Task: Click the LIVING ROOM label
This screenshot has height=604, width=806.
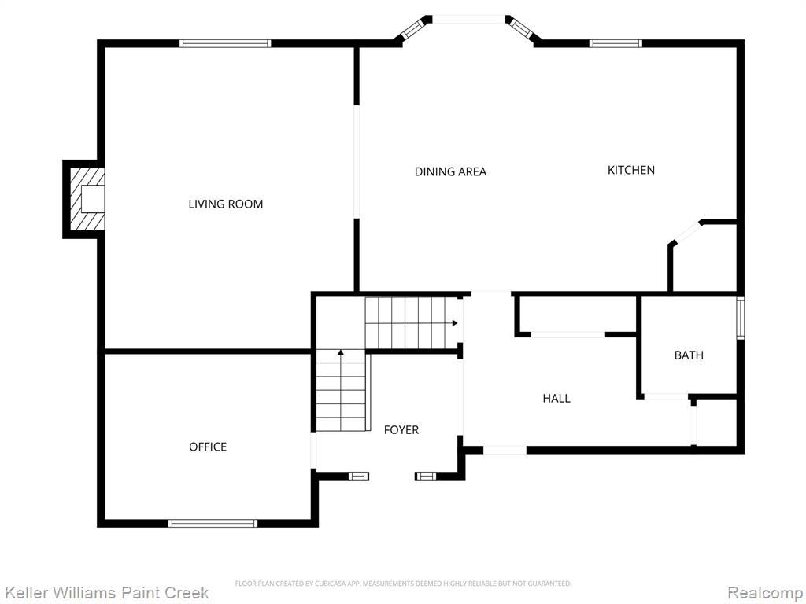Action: click(226, 204)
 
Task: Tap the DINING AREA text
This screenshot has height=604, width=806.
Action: click(450, 171)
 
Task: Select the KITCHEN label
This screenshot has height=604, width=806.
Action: click(631, 170)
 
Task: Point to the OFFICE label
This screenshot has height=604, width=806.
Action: click(208, 447)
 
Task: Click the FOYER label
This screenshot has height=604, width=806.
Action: click(401, 430)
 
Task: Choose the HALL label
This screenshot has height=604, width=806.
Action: click(556, 398)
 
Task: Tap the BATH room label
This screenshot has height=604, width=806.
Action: click(689, 355)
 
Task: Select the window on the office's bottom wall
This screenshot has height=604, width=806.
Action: click(213, 523)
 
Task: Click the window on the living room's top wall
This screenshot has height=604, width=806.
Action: click(225, 44)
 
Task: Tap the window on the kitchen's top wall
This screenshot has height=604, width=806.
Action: click(616, 44)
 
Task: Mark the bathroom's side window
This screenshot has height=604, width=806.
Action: click(741, 318)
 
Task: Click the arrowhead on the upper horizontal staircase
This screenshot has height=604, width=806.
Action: click(455, 323)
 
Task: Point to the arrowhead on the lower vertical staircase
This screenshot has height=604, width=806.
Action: click(340, 352)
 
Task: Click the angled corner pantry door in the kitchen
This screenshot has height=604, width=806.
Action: click(686, 233)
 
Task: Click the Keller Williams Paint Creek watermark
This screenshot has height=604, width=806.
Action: click(107, 593)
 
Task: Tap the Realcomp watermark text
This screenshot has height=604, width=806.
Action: click(766, 593)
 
